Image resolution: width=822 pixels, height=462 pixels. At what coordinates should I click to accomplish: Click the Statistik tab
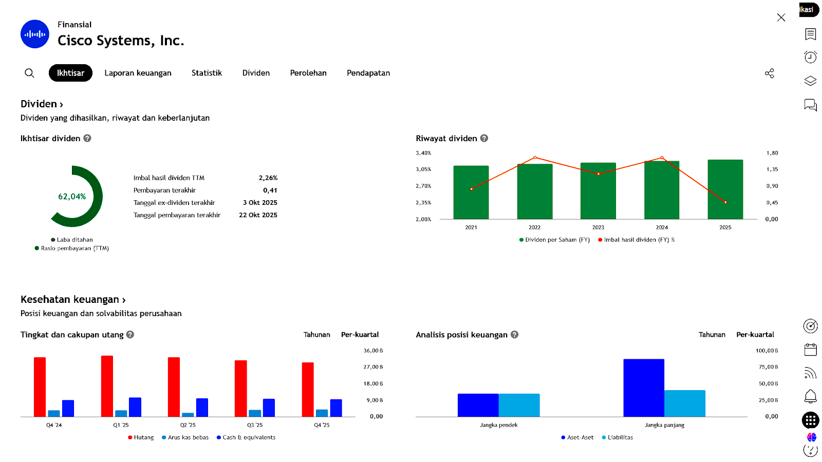[207, 73]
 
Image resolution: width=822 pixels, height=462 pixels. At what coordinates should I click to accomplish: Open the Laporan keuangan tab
[138, 73]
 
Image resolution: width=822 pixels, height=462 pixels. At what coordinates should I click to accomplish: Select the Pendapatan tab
[368, 73]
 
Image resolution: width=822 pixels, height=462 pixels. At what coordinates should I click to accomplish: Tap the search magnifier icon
[30, 73]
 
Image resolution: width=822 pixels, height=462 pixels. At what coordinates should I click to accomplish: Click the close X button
[781, 17]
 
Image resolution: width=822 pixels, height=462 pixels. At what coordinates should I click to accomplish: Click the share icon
[769, 73]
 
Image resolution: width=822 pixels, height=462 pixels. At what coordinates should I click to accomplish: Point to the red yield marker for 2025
[725, 202]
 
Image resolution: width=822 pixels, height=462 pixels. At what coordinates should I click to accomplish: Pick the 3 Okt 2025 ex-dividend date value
[260, 203]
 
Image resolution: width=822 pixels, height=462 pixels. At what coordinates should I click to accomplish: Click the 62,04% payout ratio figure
[72, 197]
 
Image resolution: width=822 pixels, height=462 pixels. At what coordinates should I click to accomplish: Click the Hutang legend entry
[141, 437]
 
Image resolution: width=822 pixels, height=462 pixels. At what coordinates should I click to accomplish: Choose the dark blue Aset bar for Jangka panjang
[644, 388]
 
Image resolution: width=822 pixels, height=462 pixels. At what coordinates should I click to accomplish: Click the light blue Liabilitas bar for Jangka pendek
[519, 405]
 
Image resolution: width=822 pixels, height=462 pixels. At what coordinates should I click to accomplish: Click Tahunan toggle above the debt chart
[316, 335]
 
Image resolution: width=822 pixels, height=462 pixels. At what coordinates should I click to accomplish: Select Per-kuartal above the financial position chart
[755, 335]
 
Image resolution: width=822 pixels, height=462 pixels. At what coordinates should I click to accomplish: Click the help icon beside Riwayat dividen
[484, 138]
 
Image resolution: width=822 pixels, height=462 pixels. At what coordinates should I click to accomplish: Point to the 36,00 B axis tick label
[373, 351]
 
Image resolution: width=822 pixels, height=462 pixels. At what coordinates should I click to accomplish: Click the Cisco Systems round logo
[35, 34]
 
